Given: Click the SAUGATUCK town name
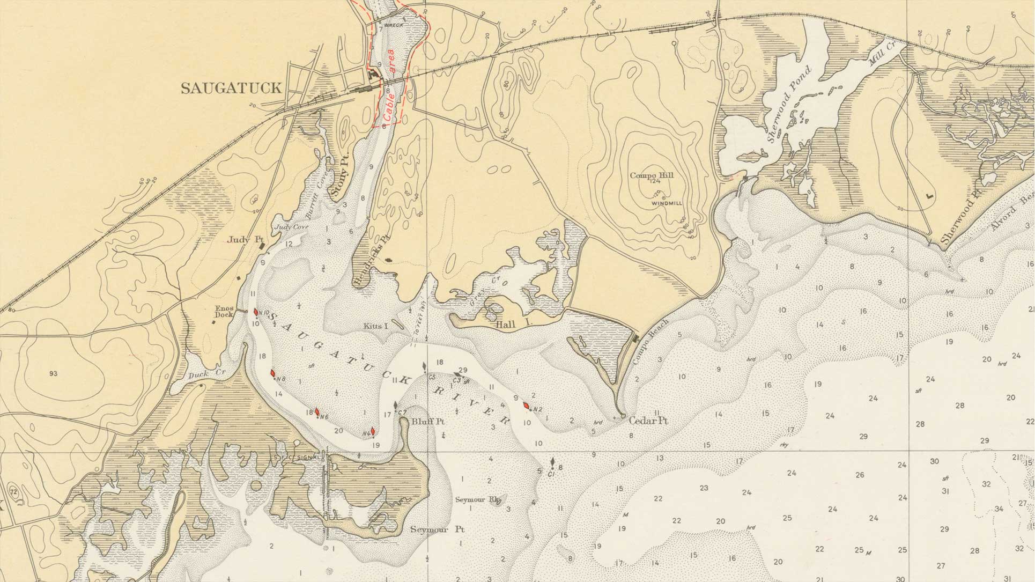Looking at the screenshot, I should click(231, 89).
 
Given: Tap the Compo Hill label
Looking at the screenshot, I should click(652, 175).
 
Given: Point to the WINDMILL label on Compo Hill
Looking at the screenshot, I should click(667, 204).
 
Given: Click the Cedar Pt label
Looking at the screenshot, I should click(648, 421).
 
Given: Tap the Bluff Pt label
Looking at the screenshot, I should click(428, 422).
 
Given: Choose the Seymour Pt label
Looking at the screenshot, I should click(437, 529).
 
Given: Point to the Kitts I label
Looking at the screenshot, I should click(375, 326).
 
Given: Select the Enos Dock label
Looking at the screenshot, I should click(224, 312).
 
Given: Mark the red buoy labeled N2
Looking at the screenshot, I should click(527, 406).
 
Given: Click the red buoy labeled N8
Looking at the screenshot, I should click(272, 373).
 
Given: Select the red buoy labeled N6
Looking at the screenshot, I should click(317, 412).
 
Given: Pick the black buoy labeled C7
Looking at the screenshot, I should click(396, 406).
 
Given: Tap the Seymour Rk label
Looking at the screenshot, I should click(470, 499).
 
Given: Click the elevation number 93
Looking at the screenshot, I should click(53, 373).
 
